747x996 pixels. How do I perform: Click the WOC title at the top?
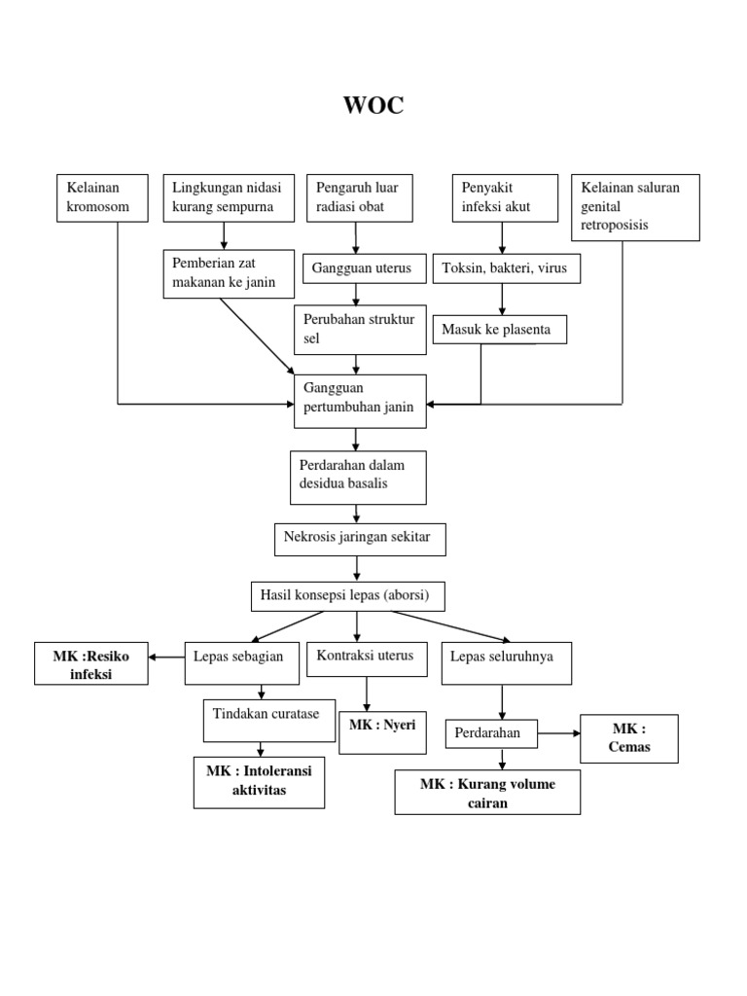tap(373, 106)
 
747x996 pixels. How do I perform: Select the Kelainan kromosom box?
tap(102, 197)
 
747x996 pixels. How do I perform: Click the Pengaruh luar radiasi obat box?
tap(359, 197)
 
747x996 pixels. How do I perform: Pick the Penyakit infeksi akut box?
tap(505, 197)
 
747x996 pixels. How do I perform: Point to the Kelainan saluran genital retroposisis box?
tap(636, 207)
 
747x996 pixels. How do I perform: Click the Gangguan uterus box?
tap(359, 268)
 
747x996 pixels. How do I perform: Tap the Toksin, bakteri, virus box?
tap(507, 268)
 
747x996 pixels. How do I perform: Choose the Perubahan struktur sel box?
tap(359, 329)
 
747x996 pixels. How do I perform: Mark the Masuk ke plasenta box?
tap(500, 330)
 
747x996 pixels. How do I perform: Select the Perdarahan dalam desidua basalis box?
tap(358, 477)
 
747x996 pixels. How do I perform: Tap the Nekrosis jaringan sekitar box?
tap(360, 538)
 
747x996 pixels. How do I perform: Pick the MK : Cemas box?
tap(628, 738)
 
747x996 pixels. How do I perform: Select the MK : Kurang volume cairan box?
tap(487, 792)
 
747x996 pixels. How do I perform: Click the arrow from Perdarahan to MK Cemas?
tap(558, 733)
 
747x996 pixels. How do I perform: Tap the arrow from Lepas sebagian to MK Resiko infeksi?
tap(166, 657)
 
